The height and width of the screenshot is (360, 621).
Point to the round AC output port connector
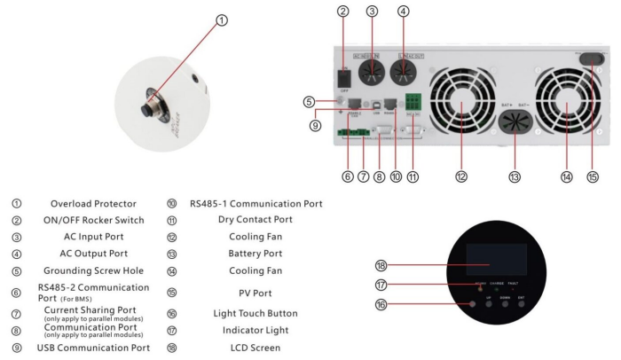click(404, 56)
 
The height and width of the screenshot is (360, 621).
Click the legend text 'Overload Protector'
click(91, 202)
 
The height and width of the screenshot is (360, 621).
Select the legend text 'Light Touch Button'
click(255, 313)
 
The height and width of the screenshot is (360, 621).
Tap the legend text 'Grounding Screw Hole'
click(91, 270)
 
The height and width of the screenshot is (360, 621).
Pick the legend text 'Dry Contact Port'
click(256, 219)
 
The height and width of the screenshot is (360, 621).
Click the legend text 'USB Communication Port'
click(91, 347)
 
